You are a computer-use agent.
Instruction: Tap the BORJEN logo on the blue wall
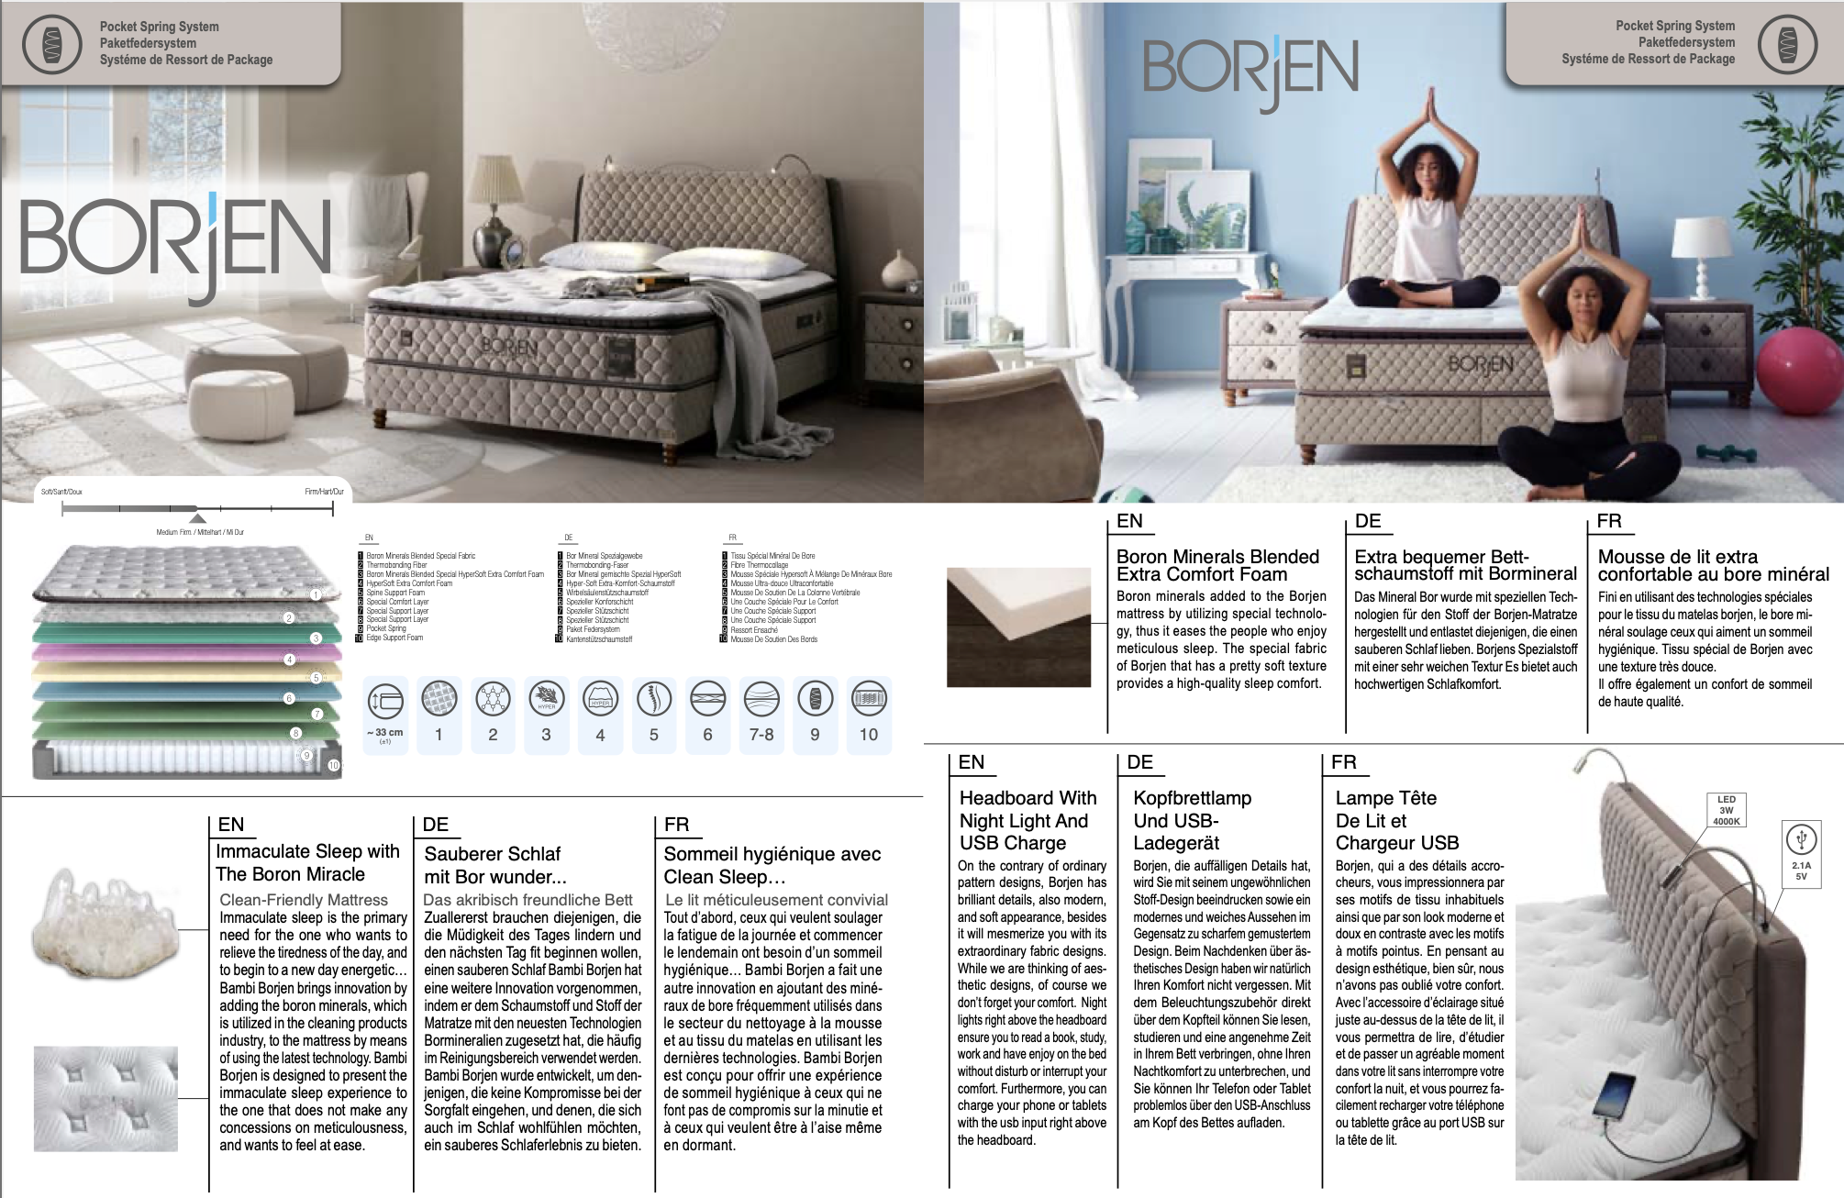click(1250, 70)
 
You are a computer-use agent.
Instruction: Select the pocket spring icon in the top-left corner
click(51, 44)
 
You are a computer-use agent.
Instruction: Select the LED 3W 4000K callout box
click(1726, 810)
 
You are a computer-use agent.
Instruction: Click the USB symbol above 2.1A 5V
click(1801, 839)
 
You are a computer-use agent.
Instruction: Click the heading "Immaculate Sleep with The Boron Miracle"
click(307, 862)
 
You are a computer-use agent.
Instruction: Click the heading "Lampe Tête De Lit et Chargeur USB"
click(1396, 820)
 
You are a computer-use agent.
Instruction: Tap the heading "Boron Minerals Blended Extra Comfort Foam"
click(1217, 565)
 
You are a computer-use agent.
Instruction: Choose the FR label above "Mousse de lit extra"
click(1608, 521)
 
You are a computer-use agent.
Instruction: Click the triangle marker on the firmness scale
click(197, 518)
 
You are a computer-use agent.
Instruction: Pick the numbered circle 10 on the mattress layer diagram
click(333, 764)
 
